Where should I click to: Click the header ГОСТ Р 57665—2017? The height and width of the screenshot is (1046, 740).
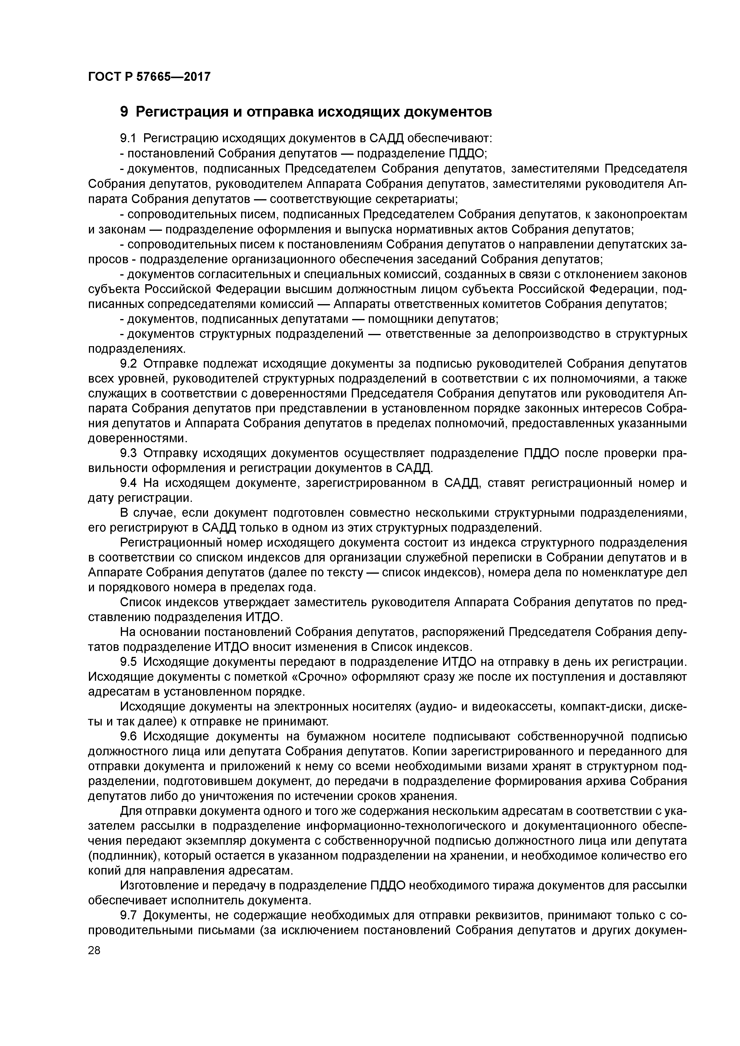[x=149, y=77]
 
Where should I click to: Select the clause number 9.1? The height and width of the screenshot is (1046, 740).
[x=128, y=138]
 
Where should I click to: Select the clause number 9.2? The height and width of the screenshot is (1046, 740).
[x=128, y=363]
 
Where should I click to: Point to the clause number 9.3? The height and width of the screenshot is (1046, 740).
[x=128, y=453]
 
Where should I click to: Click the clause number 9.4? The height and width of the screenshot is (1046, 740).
[x=128, y=483]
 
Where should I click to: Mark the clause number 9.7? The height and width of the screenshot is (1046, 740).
[x=128, y=915]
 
